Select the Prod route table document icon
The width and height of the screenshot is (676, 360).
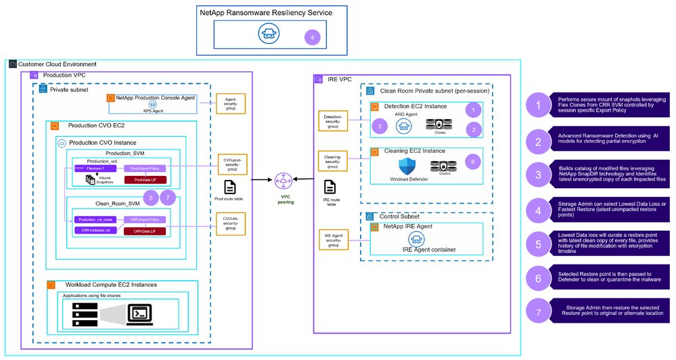(229, 187)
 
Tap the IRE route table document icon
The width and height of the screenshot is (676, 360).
(330, 187)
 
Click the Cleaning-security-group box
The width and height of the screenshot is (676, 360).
(333, 160)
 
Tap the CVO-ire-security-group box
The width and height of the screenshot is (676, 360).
(231, 223)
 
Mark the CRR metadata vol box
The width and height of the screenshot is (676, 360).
(95, 230)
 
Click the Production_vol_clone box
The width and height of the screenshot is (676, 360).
(95, 219)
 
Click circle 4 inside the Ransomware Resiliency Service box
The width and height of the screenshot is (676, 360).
(312, 37)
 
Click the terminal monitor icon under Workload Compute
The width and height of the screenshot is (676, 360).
(144, 313)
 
